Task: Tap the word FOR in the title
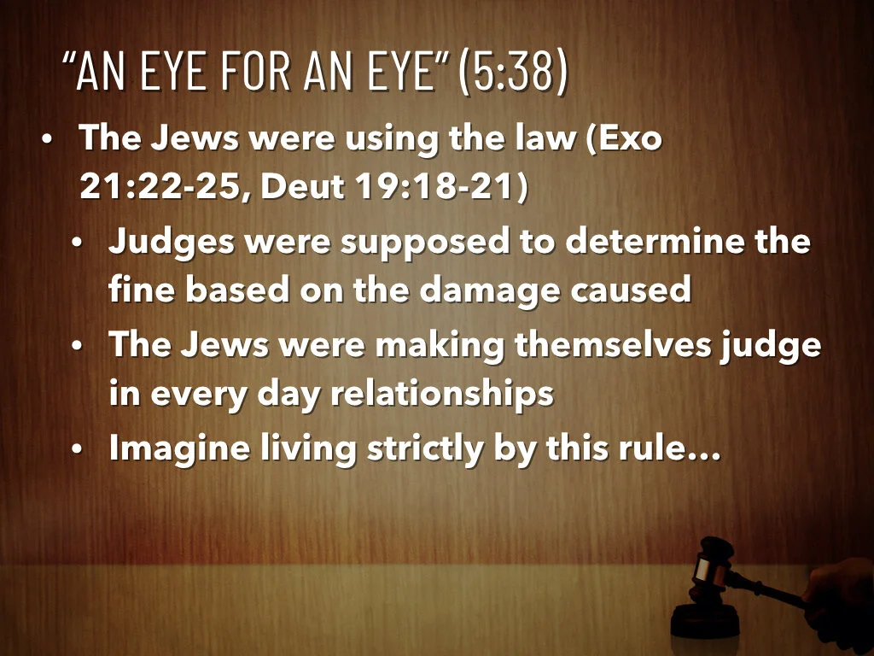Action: click(x=255, y=73)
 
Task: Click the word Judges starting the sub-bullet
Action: click(x=171, y=243)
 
